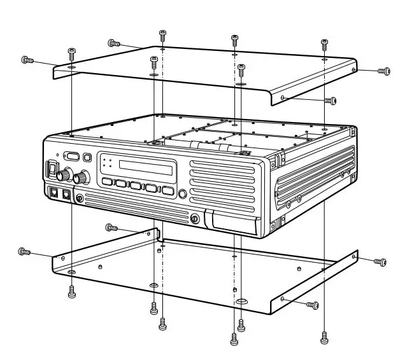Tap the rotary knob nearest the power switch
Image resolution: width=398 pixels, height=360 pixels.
(x=63, y=175)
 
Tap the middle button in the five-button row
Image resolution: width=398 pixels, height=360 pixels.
(x=136, y=186)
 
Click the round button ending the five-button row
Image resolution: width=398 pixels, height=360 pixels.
(x=183, y=195)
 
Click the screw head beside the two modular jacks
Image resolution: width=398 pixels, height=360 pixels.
(x=80, y=198)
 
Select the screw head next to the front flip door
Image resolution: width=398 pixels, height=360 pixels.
(x=195, y=219)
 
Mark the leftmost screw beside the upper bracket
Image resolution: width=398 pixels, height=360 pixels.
(x=27, y=60)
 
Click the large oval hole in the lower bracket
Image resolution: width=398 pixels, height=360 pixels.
(x=241, y=300)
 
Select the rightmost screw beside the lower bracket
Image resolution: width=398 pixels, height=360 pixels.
(x=380, y=261)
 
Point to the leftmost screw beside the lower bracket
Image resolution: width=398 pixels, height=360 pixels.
(x=25, y=252)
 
